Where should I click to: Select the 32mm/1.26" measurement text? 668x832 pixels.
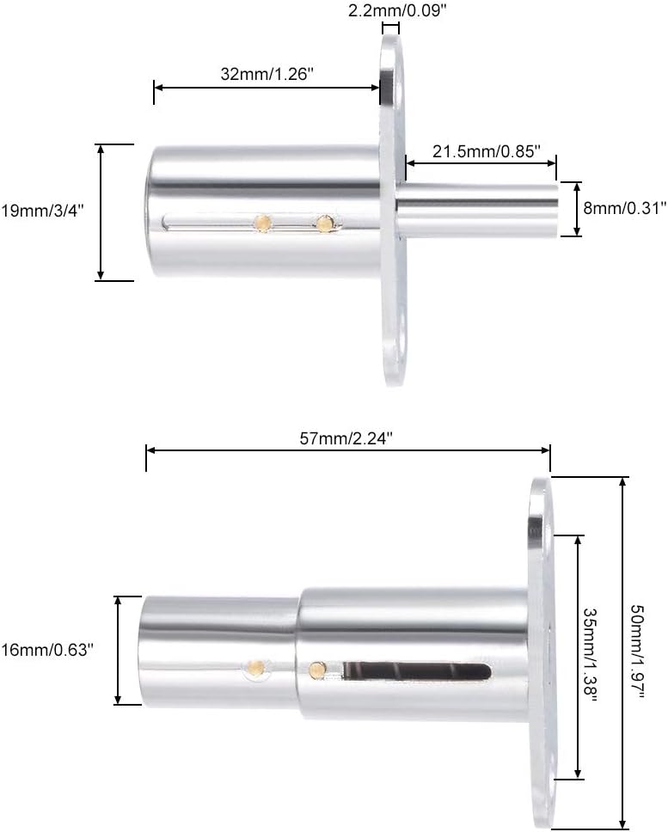[x=267, y=74]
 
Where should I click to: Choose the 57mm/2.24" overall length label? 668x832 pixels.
[x=347, y=437]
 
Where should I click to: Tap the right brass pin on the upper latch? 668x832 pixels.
[x=323, y=223]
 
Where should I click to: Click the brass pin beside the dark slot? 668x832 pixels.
[x=317, y=668]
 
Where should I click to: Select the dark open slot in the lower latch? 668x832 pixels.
[x=417, y=670]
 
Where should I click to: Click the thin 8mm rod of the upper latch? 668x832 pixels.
[x=481, y=209]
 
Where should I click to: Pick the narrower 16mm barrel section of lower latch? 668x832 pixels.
[x=219, y=649]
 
